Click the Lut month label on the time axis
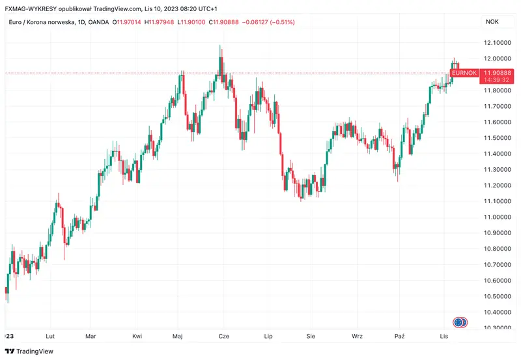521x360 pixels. [50, 336]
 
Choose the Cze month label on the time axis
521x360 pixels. [223, 336]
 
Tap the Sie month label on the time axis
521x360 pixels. [311, 336]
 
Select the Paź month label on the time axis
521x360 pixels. [400, 336]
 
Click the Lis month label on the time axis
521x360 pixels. [444, 336]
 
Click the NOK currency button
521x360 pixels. [492, 22]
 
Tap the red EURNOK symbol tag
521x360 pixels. [464, 73]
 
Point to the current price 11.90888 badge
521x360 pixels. [498, 72]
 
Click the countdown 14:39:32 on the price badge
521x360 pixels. [498, 79]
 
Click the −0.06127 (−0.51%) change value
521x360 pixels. [268, 22]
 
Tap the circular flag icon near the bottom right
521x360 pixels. [460, 322]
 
